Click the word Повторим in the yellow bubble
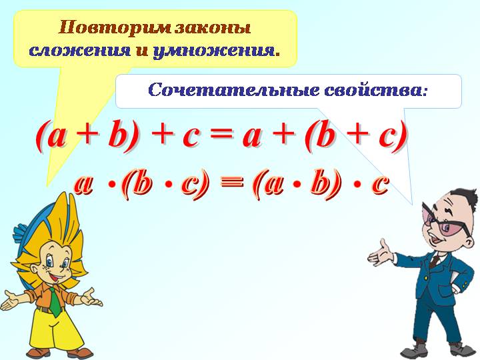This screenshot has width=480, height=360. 115,28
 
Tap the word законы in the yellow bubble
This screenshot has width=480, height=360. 213,28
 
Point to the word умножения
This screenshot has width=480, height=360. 214,51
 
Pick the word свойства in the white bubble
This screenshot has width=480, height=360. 374,91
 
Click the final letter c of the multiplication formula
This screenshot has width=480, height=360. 380,185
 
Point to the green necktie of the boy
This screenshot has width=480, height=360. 55,301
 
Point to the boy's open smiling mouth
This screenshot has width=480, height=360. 58,277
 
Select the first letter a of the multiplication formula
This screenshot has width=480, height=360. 83,185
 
